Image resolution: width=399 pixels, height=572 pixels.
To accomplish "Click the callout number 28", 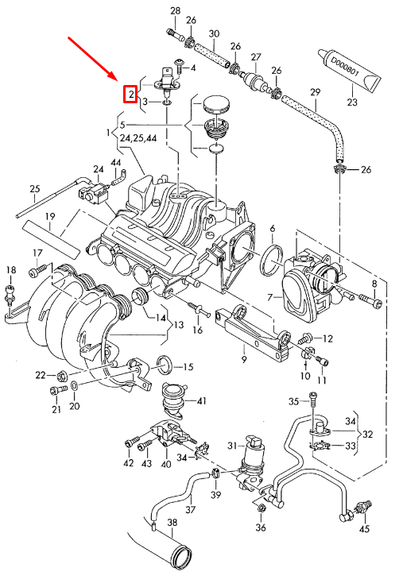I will click(175, 10).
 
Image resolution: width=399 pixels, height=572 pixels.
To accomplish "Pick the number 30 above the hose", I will click(214, 33).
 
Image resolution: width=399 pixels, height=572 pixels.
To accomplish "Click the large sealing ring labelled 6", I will click(271, 257).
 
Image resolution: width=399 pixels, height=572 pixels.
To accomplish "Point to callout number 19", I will click(49, 216).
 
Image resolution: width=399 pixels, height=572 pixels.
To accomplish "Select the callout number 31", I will click(232, 445).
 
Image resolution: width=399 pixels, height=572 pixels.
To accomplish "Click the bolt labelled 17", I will click(35, 272).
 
